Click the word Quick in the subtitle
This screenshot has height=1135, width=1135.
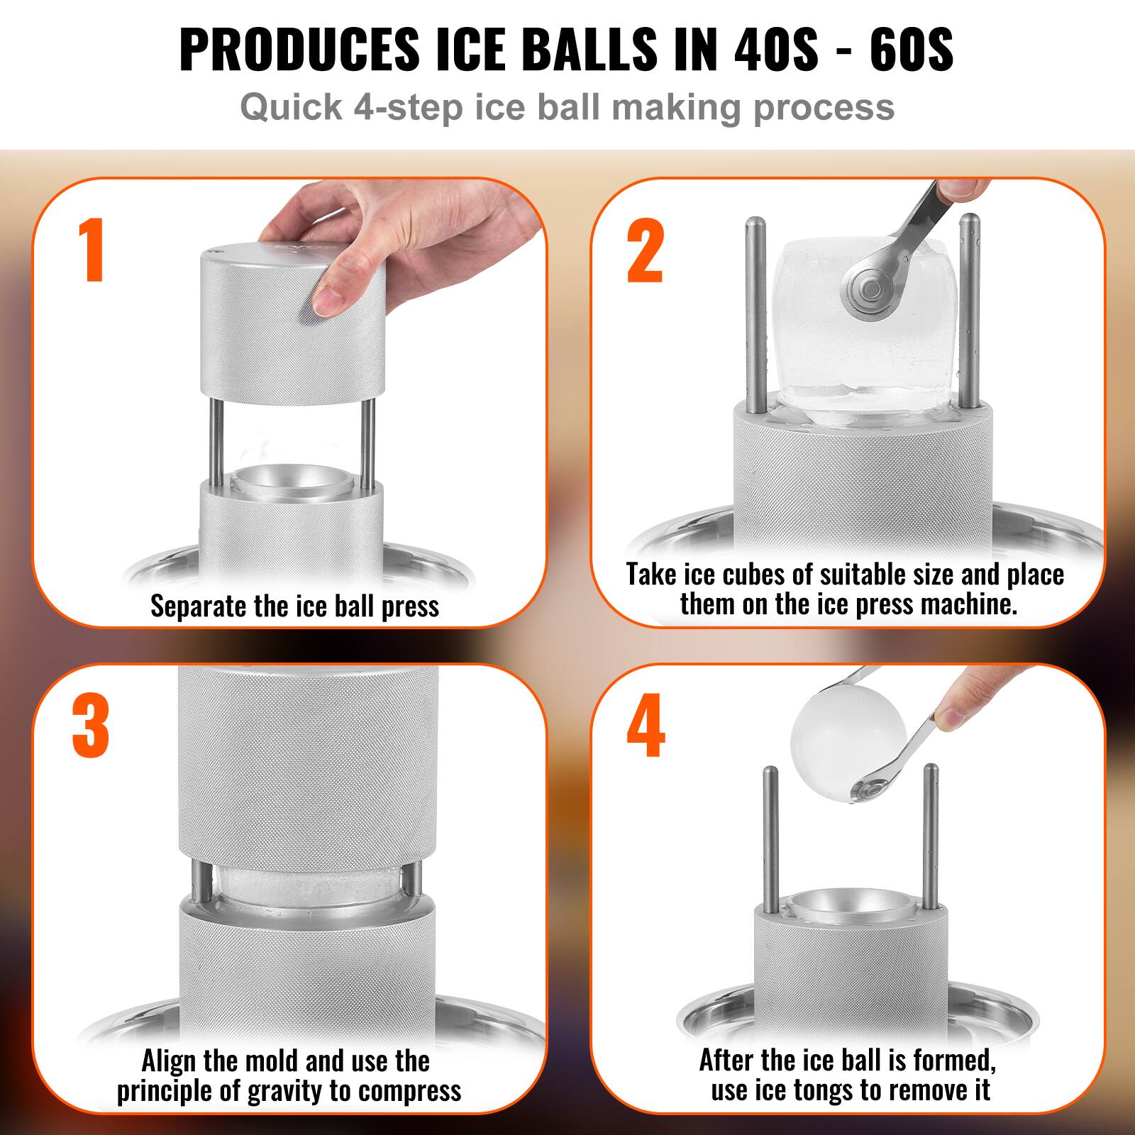tap(291, 107)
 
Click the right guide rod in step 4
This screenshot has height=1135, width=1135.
tap(931, 837)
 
